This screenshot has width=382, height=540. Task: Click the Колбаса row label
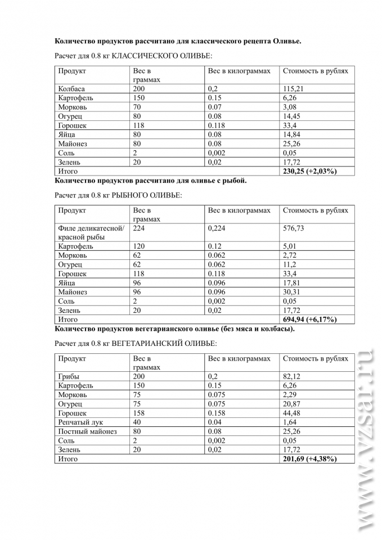71,89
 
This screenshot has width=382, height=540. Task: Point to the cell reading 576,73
294,228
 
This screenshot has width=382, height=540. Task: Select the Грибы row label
69,376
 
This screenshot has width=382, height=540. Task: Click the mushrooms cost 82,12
292,376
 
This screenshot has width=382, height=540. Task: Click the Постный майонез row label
87,431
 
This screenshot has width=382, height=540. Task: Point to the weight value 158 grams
139,413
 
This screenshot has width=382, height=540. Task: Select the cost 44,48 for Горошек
292,413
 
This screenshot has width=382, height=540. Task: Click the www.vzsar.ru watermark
366,439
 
